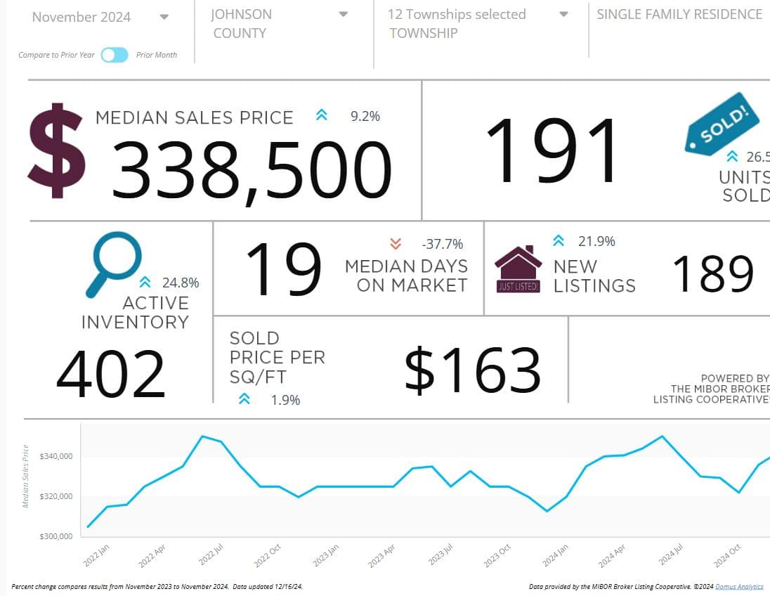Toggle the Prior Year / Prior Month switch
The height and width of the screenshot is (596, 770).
coord(115,55)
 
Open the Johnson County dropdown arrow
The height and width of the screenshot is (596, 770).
coord(344,15)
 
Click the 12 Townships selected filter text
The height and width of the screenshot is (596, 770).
coord(457,14)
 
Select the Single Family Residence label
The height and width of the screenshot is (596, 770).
coord(679,14)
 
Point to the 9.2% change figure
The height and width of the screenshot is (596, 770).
coord(365,116)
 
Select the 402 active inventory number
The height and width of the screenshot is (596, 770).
coord(110,374)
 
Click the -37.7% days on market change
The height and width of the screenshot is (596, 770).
coord(442,244)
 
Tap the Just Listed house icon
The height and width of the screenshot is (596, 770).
coord(518,269)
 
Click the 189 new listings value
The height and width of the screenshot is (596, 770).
coord(713,273)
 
